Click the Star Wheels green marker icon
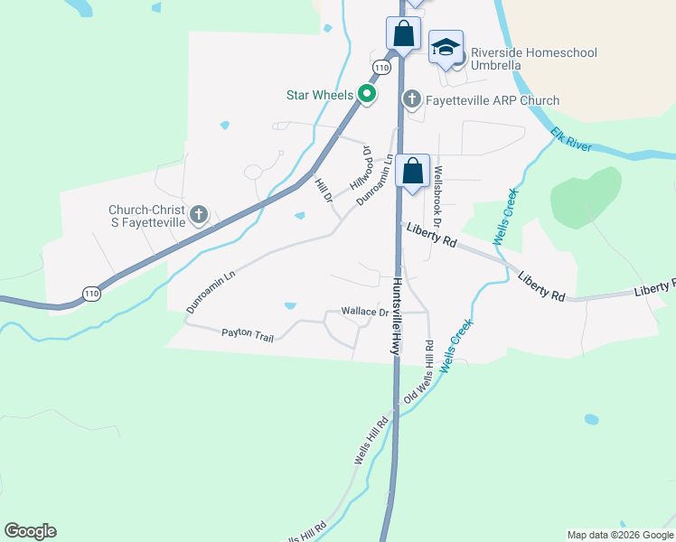pyautogui.click(x=367, y=94)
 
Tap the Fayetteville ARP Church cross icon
pyautogui.click(x=412, y=98)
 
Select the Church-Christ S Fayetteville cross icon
pyautogui.click(x=199, y=215)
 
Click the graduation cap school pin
pyautogui.click(x=446, y=48)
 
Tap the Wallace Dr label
pyautogui.click(x=364, y=312)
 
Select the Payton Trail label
pyautogui.click(x=247, y=334)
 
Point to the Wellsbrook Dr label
pyautogui.click(x=438, y=195)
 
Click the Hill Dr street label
pyautogui.click(x=323, y=191)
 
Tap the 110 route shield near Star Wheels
pyautogui.click(x=381, y=68)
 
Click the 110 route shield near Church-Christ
pyautogui.click(x=90, y=293)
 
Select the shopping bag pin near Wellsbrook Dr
pyautogui.click(x=412, y=171)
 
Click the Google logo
pyautogui.click(x=30, y=531)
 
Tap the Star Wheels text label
pyautogui.click(x=321, y=94)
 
